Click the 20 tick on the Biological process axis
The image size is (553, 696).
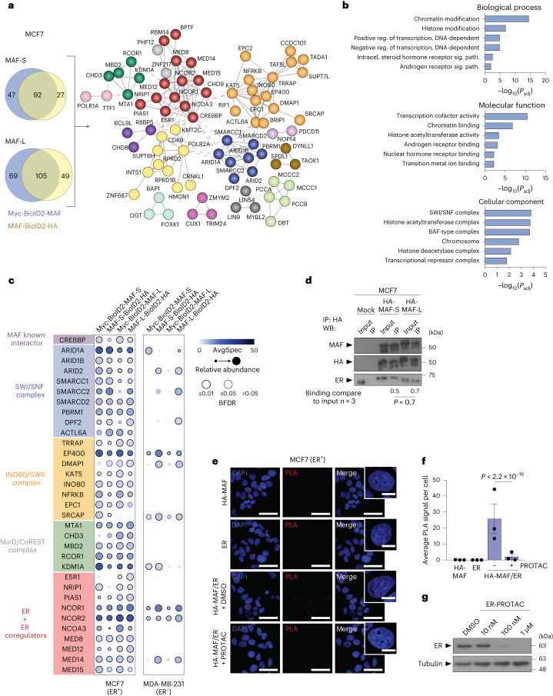[545, 79]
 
